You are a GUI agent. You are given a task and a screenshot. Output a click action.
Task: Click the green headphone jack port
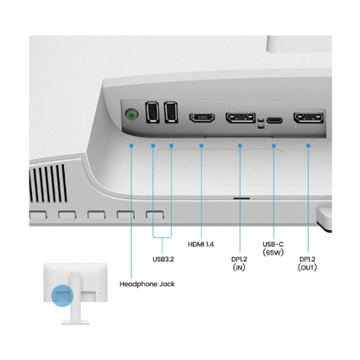click(x=132, y=114)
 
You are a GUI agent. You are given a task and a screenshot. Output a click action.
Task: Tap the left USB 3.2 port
click(x=153, y=112)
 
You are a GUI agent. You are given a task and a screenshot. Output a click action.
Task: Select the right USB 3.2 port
click(x=171, y=112)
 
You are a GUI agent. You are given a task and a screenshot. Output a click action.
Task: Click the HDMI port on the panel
click(x=202, y=117)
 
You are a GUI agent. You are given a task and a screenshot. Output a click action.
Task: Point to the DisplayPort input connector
click(x=240, y=118)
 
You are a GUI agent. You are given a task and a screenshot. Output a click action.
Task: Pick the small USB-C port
click(x=274, y=120)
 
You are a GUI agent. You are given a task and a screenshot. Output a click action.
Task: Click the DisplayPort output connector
click(x=308, y=118)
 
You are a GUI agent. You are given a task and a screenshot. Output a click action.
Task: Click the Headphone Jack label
click(x=147, y=284)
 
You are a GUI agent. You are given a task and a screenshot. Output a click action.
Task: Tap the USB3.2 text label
click(x=163, y=259)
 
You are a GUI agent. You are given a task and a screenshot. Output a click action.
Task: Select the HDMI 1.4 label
click(x=201, y=244)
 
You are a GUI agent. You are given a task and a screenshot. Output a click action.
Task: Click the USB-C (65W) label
click(x=273, y=249)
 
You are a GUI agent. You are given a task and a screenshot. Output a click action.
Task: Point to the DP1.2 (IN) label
click(x=239, y=263)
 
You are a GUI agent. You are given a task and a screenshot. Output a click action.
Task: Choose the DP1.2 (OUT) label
click(x=307, y=263)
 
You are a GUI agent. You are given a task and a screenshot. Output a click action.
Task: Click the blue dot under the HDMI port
click(x=202, y=145)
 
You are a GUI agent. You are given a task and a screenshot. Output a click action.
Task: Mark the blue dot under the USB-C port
click(x=274, y=145)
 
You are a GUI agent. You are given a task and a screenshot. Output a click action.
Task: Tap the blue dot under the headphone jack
click(x=132, y=145)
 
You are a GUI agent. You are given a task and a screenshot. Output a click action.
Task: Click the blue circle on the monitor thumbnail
click(x=62, y=296)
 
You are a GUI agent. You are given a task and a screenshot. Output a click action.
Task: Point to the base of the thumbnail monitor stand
click(x=75, y=322)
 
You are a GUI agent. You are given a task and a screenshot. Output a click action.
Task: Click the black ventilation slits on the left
click(x=48, y=183)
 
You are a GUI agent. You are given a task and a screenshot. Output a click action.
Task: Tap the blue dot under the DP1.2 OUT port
click(x=308, y=145)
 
